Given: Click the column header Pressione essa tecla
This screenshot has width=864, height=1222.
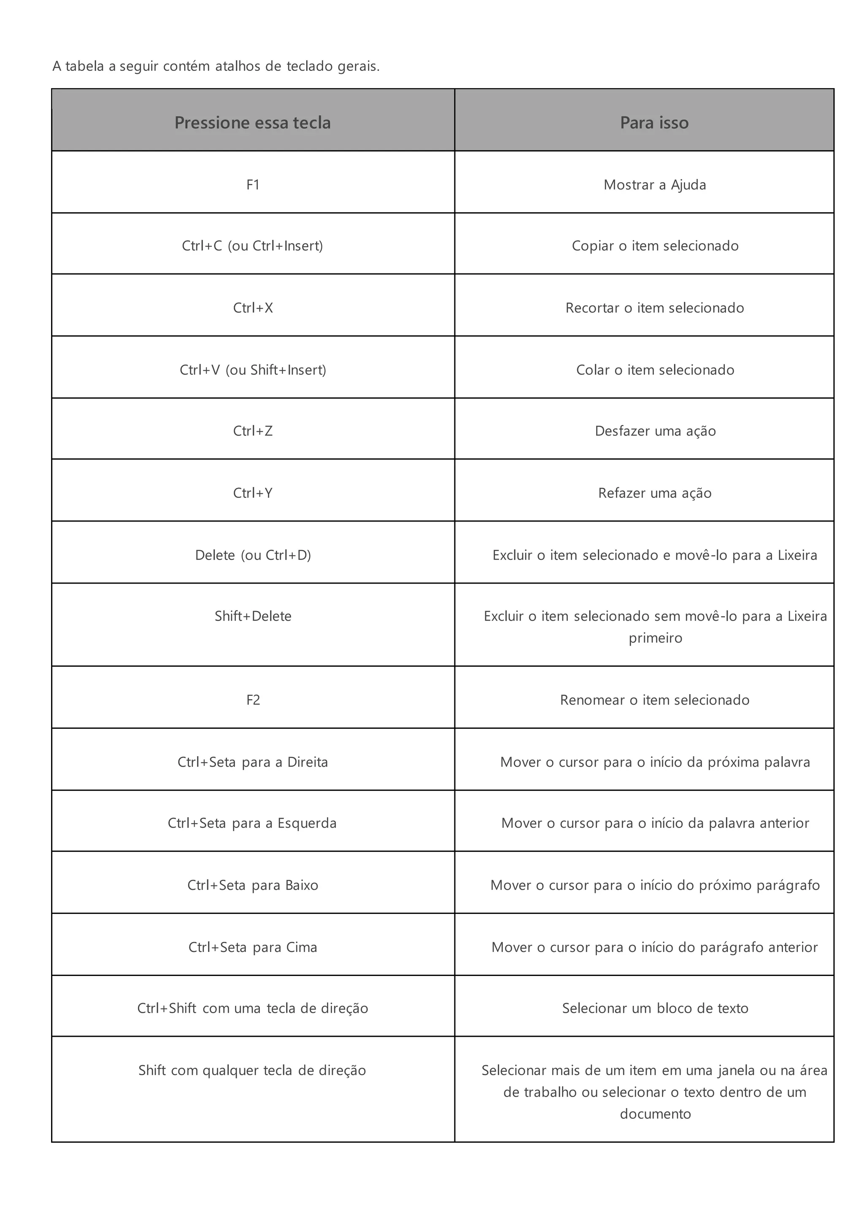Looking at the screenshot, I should tap(253, 123).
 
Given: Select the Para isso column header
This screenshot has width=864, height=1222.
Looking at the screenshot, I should tap(654, 123).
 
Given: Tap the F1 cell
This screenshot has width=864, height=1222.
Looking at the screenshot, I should tap(253, 185).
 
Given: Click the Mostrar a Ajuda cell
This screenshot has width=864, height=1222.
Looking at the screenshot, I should tap(654, 185).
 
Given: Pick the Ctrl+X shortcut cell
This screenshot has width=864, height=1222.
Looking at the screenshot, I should tap(253, 308).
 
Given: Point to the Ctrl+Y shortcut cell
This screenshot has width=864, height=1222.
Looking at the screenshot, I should tap(253, 493).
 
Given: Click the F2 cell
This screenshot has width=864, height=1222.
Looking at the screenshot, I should tap(253, 700).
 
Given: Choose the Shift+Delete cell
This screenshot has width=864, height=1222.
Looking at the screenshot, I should tap(253, 616).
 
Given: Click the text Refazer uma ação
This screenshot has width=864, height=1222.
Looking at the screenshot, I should tap(654, 493).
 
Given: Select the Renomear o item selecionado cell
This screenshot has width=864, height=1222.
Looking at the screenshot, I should tap(654, 700).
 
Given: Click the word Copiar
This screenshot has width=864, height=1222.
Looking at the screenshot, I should tap(593, 246).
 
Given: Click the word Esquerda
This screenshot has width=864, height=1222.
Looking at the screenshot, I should tap(307, 823).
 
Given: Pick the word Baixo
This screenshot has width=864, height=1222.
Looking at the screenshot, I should tap(302, 885).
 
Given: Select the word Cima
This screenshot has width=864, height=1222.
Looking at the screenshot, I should tap(302, 947).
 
